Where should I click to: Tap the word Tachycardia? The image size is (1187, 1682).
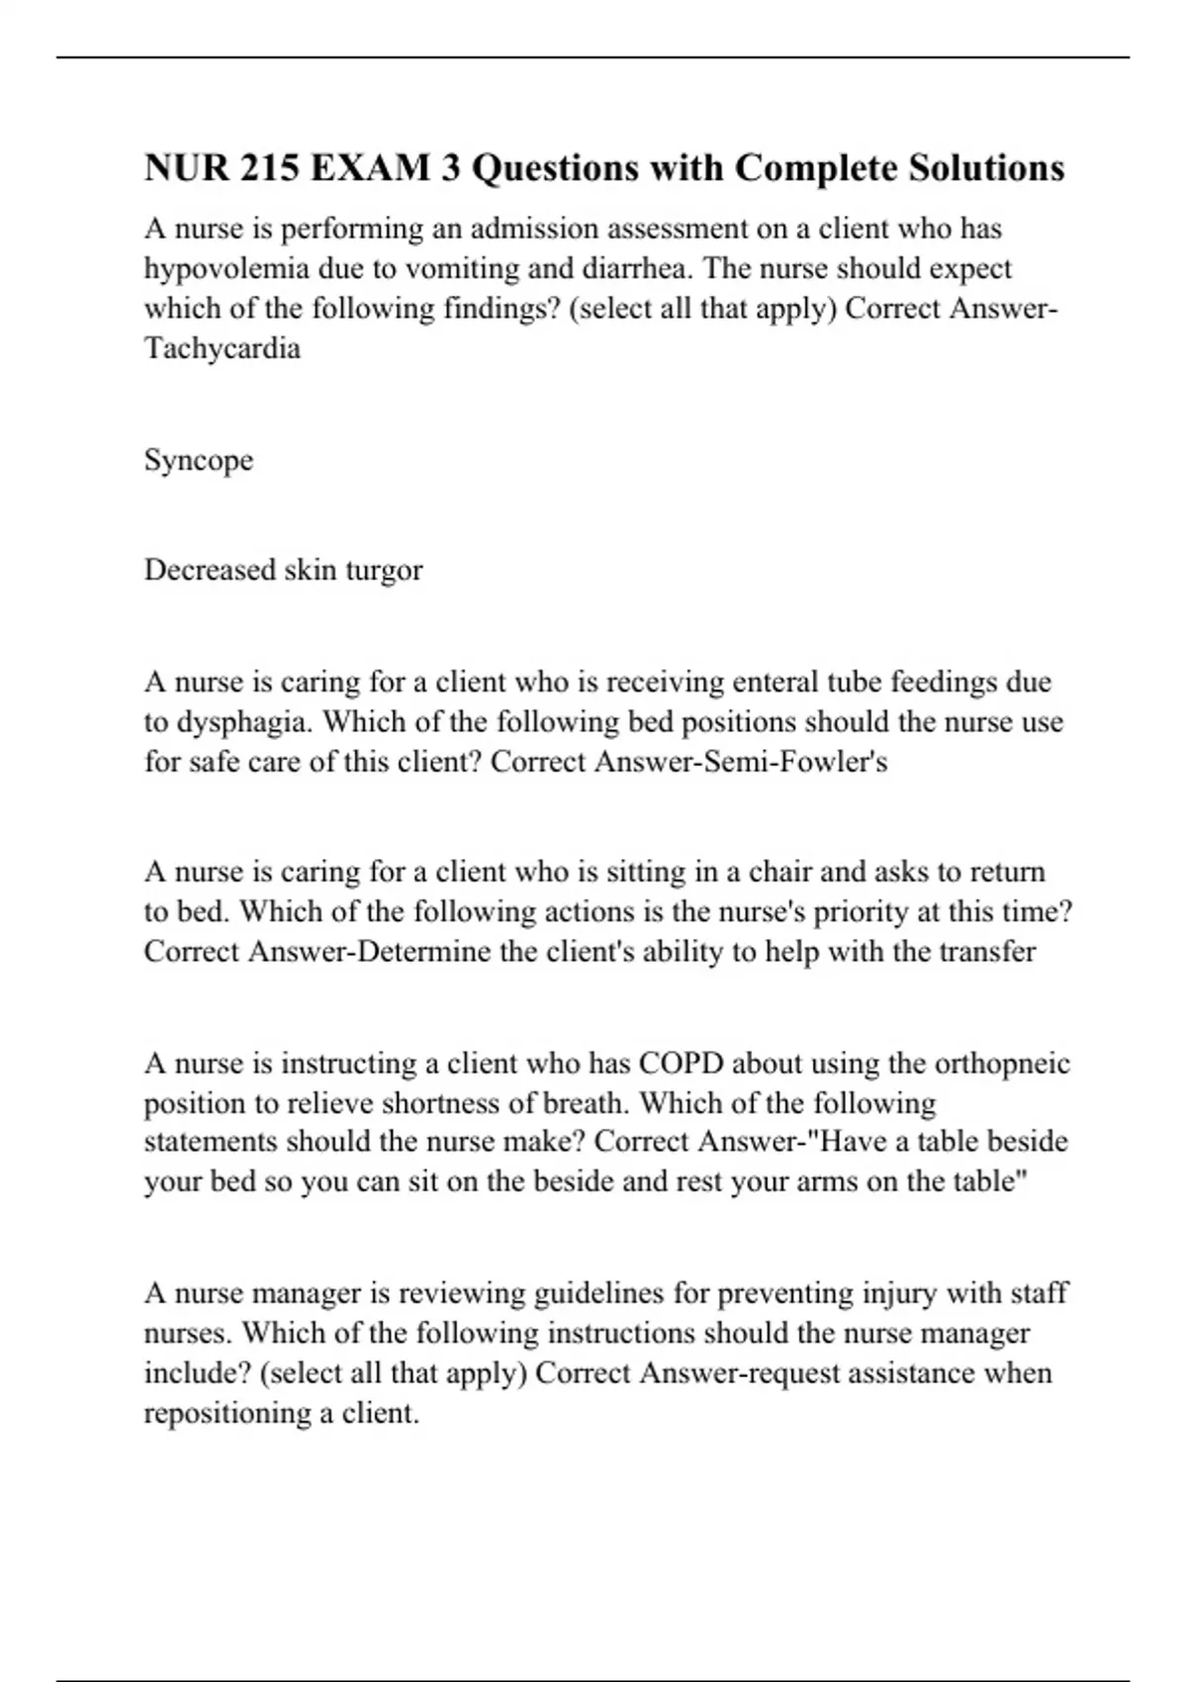pyautogui.click(x=222, y=348)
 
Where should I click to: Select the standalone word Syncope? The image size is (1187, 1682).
pyautogui.click(x=198, y=460)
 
